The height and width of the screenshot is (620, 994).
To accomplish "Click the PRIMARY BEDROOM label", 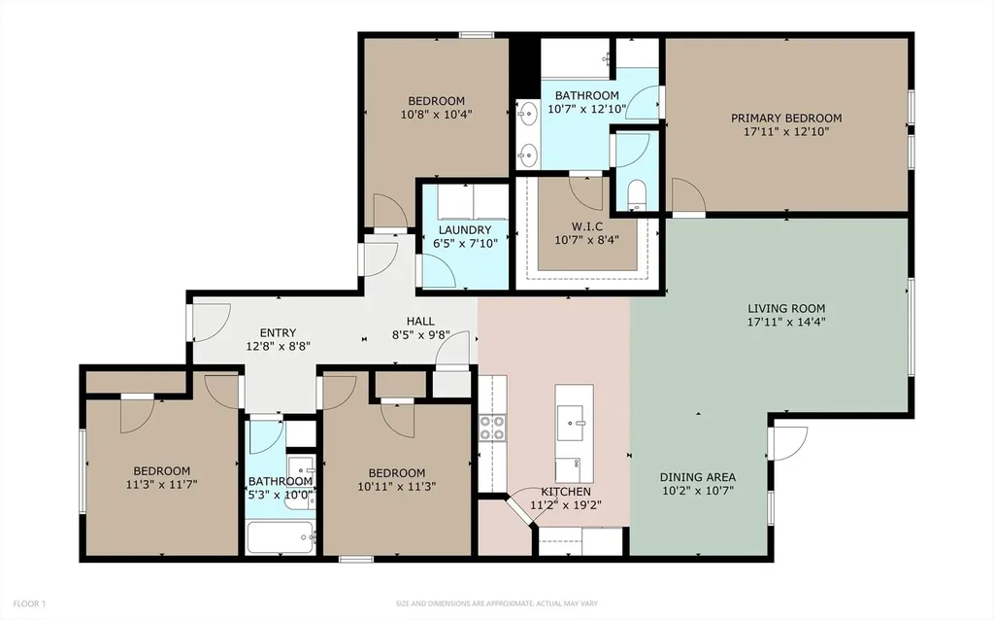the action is [x=786, y=118].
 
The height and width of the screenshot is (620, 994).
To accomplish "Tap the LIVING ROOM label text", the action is [x=786, y=308].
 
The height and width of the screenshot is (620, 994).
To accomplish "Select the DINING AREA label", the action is [x=697, y=477].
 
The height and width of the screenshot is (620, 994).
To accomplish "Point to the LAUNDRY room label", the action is [x=465, y=229].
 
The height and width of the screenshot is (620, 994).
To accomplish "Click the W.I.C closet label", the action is [x=587, y=226].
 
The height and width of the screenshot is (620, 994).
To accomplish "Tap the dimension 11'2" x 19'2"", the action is [x=566, y=505].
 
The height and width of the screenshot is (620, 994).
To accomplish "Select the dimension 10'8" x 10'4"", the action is [x=436, y=115].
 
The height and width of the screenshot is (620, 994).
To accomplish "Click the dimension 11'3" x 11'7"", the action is [x=162, y=484].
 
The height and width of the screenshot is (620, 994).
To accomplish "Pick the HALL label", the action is [x=420, y=322].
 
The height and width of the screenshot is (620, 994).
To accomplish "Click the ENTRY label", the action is [x=278, y=332].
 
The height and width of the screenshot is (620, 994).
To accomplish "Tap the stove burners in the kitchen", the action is [x=492, y=427].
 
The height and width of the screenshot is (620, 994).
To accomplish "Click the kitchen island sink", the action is [x=575, y=424].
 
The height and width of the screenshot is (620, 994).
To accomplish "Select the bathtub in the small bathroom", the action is [x=281, y=537].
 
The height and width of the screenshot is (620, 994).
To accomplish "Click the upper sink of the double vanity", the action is [x=527, y=116].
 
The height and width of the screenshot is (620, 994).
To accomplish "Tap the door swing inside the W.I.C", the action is [x=584, y=192].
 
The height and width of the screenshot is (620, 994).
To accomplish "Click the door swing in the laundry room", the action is [x=438, y=270].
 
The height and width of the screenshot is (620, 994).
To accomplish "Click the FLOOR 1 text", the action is [x=29, y=603].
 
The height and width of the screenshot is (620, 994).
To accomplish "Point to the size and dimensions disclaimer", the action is [x=497, y=603].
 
